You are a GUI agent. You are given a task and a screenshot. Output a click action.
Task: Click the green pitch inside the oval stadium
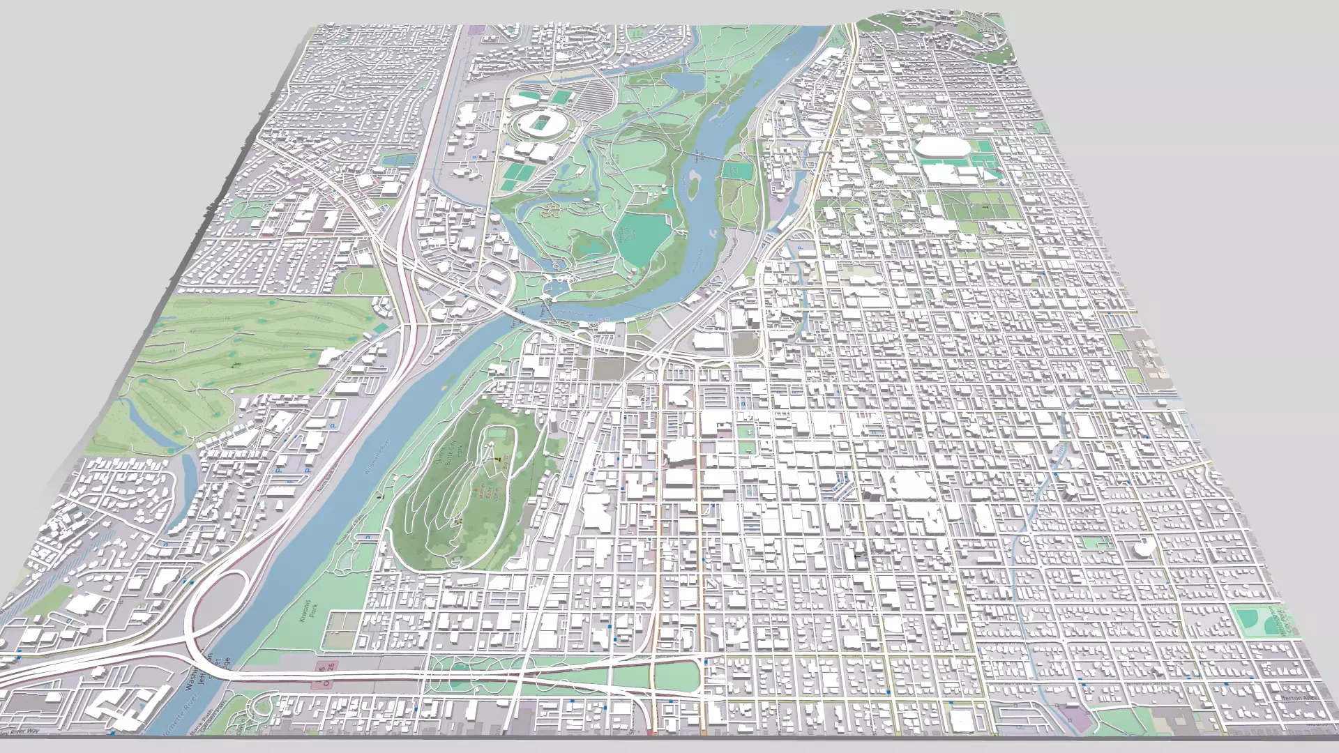pos(540,124)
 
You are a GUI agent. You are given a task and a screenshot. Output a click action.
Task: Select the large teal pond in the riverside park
pos(640,234)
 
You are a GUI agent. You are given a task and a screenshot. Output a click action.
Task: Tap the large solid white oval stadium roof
pos(940,148)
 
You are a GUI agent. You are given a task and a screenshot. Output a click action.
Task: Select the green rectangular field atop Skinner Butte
pos(497,434)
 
